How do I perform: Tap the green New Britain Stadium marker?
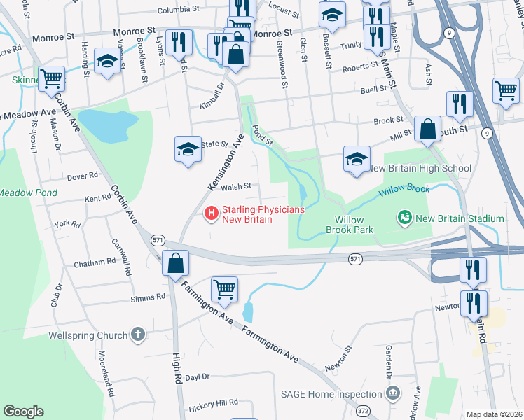coord(404,218)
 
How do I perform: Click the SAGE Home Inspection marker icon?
coord(392,393)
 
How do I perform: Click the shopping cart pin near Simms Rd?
coord(224,288)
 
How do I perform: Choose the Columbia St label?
coord(179,10)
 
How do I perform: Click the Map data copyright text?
coord(494,414)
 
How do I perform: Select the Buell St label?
coord(373,89)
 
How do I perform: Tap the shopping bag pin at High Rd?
coord(176,263)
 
